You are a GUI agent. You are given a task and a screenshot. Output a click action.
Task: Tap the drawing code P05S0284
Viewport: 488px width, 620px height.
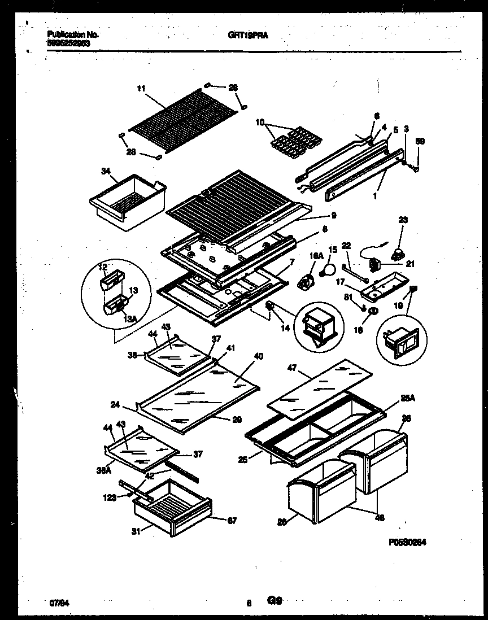407,542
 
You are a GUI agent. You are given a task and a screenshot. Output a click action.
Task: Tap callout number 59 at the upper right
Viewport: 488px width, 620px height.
420,142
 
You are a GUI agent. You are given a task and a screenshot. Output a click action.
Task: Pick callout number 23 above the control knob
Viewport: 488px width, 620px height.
402,220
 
